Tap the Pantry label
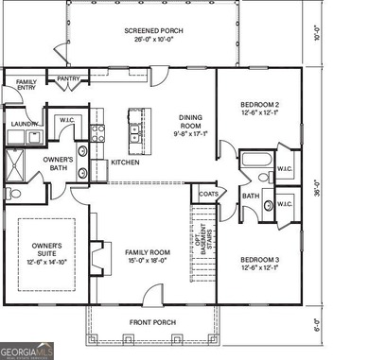[x=67, y=79]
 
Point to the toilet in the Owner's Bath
[x=13, y=194]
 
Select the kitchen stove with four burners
[x=97, y=133]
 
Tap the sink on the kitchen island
[x=134, y=131]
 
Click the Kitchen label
[x=126, y=162]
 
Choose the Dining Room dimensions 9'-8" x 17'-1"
[x=192, y=134]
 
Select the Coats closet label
[x=208, y=195]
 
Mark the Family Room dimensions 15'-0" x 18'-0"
[x=147, y=261]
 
